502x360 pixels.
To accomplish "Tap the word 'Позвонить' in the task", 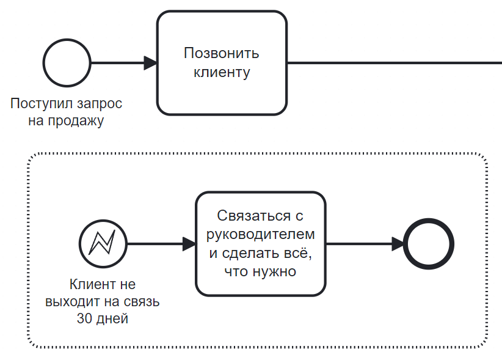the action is click(222, 53).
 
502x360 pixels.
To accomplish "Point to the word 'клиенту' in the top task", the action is click(222, 72).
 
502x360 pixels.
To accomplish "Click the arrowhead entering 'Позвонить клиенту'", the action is click(150, 63).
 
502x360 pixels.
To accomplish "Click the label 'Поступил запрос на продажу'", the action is click(67, 112).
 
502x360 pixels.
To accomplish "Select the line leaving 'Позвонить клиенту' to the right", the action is click(395, 63).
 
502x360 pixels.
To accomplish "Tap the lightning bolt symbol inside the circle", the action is click(103, 243).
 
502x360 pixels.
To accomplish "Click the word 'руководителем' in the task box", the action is click(261, 235).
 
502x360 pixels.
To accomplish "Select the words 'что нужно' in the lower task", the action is click(260, 271).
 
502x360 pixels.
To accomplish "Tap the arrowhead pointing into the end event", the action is click(398, 244).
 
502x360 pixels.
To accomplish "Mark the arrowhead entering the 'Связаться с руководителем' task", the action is click(189, 244).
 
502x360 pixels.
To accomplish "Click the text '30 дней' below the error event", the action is click(103, 318).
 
